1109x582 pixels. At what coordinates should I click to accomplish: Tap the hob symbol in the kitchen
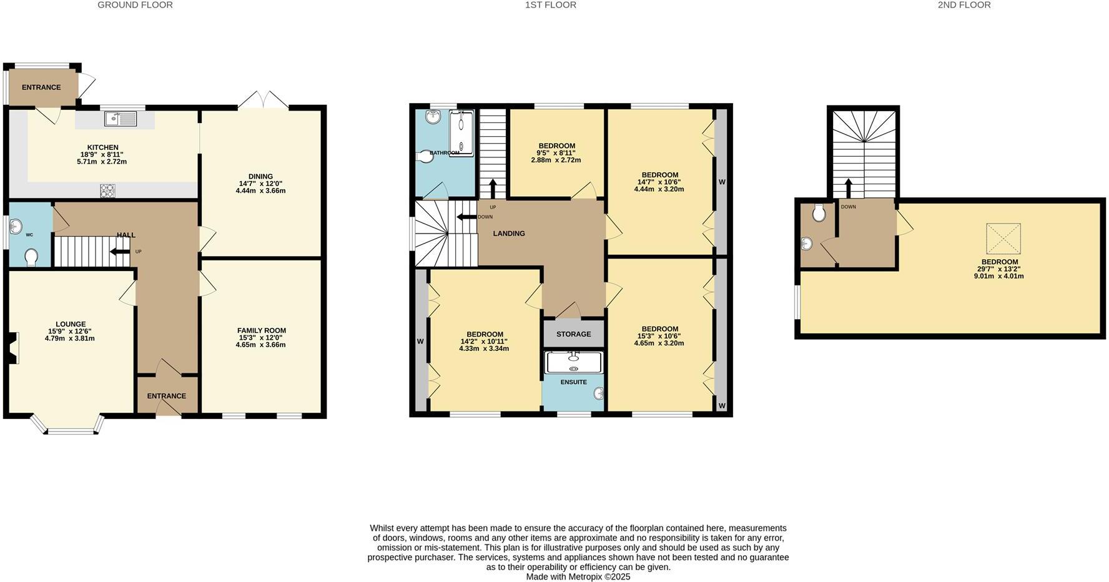(x=107, y=190)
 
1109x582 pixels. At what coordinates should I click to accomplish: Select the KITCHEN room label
(x=102, y=147)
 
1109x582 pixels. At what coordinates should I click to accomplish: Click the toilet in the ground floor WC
(x=31, y=257)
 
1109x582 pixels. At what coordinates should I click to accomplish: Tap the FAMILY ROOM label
(x=261, y=330)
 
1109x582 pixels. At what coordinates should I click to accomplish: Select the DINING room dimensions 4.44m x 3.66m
(x=260, y=190)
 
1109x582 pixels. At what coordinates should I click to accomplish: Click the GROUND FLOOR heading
(x=135, y=5)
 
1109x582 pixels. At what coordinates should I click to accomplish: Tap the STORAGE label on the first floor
(x=573, y=334)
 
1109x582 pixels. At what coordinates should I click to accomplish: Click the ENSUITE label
(x=573, y=382)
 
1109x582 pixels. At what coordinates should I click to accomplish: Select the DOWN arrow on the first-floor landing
(x=465, y=217)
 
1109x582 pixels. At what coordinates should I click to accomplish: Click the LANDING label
(x=509, y=234)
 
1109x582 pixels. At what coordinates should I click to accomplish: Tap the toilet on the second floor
(x=819, y=214)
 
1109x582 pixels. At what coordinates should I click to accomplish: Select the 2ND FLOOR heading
(x=964, y=5)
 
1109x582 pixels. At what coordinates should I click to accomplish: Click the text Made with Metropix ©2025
(x=578, y=577)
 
